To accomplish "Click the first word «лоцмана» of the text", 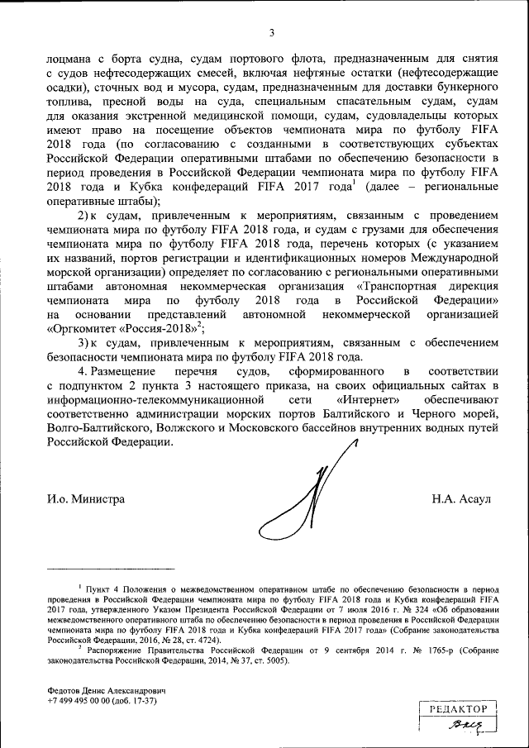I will pos(74,60).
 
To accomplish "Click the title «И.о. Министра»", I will pos(86,498).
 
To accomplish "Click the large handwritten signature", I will pos(306,496).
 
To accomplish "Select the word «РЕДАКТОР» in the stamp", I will pos(457,709).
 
